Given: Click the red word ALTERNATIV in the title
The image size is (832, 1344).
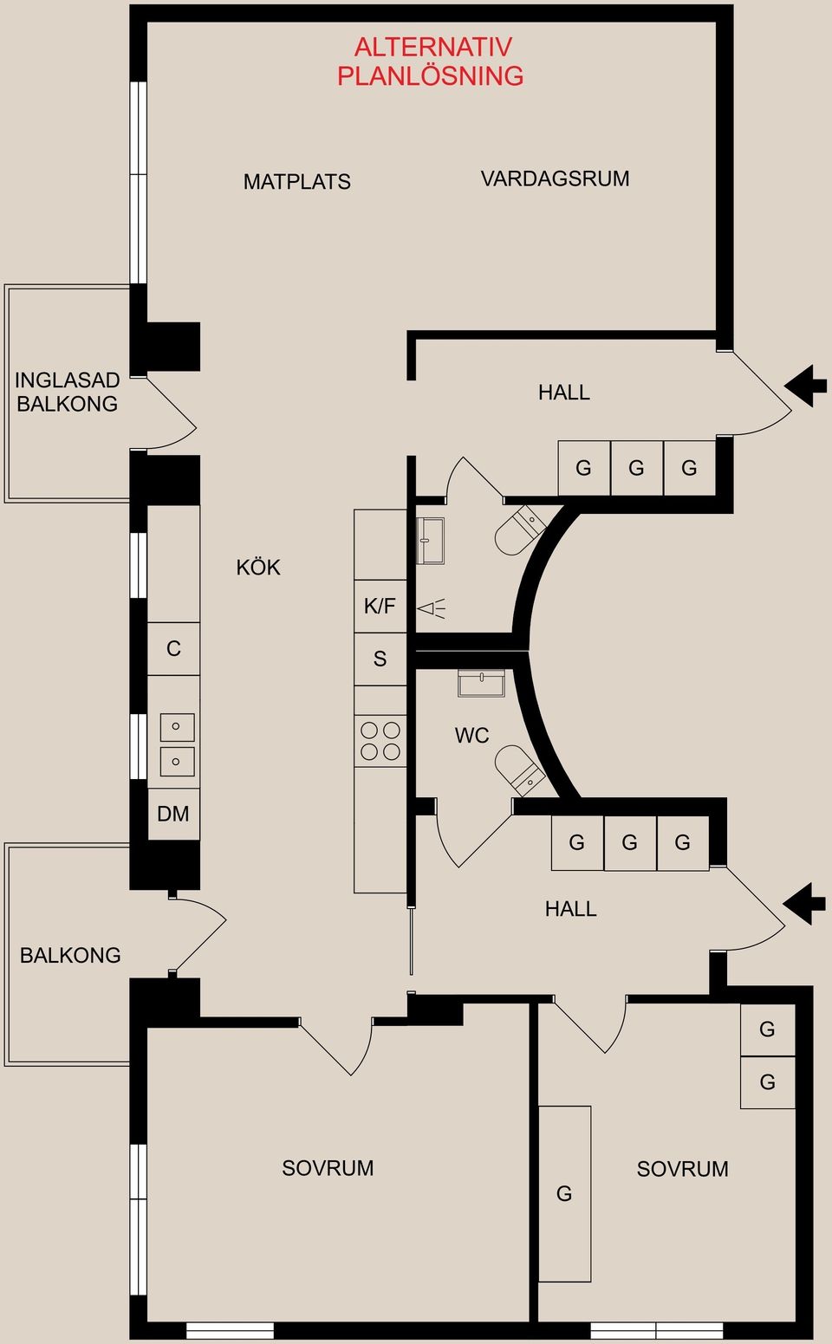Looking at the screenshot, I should (432, 47).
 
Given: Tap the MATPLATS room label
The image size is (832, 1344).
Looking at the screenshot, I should (296, 182).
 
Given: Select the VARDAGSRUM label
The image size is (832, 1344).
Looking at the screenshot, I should (555, 179).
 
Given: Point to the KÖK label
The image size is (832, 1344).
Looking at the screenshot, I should (258, 568).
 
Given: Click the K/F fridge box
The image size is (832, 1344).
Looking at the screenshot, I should (380, 607).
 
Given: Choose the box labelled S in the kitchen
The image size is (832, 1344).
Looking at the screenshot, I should (380, 659).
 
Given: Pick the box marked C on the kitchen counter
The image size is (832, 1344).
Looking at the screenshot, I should (173, 649).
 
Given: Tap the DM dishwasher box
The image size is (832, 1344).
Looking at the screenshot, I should (173, 814).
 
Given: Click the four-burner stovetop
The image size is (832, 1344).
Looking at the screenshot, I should (380, 741).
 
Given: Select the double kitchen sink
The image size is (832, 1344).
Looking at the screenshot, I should (177, 743).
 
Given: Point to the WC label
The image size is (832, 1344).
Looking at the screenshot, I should (471, 736).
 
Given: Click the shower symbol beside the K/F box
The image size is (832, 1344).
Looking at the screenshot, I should (431, 608).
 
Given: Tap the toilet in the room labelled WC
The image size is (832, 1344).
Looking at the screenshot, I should (519, 770).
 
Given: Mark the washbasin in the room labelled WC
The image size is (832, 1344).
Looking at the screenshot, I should (481, 684).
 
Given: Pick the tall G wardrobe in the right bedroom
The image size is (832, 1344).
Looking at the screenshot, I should (564, 1193).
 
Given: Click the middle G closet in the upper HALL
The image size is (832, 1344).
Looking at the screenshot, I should (636, 468).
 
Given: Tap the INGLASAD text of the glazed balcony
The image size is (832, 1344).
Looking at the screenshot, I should (67, 380).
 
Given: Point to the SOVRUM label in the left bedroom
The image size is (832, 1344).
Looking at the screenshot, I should (328, 1168).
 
